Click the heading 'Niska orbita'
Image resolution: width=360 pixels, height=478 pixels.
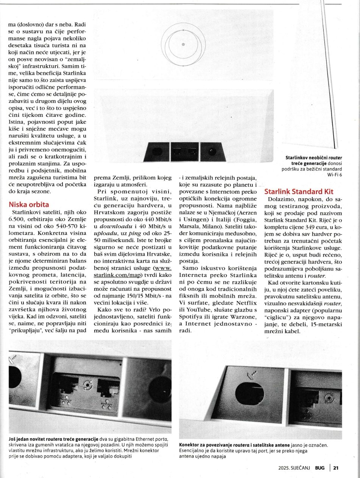pos(29,205)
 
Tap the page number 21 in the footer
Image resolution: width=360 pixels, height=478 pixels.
pos(336,468)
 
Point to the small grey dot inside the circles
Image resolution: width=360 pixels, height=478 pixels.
pos(183,45)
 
